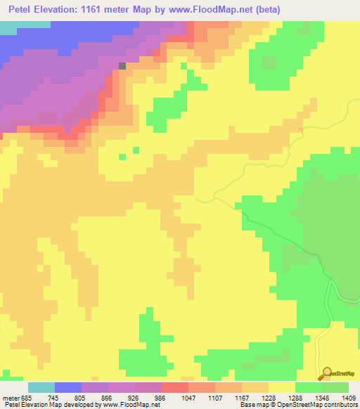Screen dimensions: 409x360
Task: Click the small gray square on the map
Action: point(122,66)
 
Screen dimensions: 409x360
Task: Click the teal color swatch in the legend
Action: point(41,387)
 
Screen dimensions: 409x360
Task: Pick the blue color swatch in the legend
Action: point(68,387)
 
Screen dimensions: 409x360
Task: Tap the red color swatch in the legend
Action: point(175,387)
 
